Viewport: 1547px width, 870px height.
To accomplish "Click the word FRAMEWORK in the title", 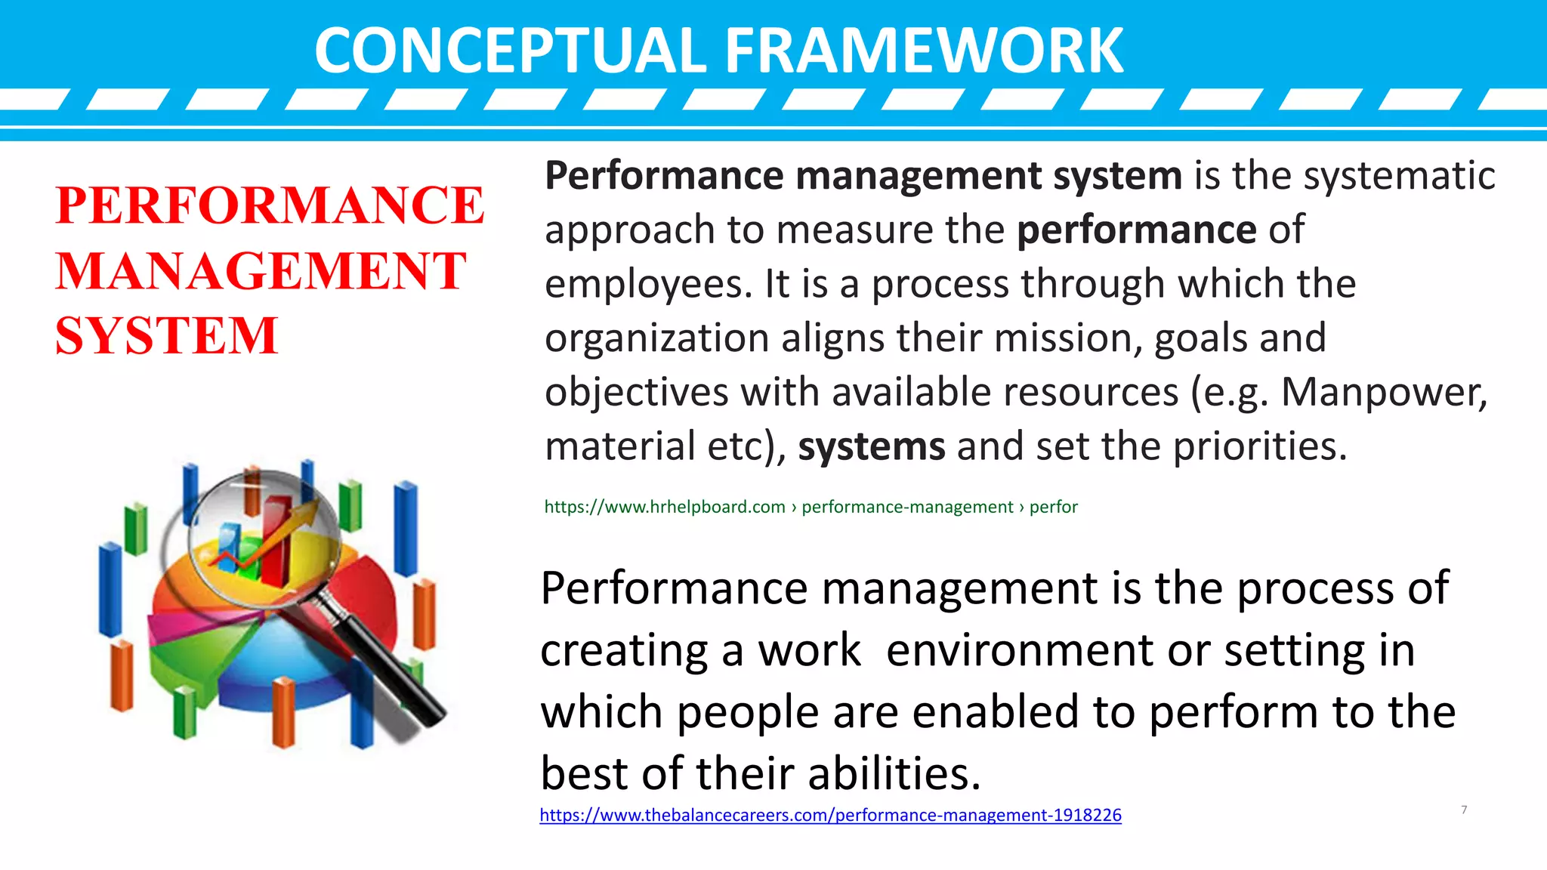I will (x=924, y=51).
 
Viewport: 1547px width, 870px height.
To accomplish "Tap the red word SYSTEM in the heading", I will (x=166, y=335).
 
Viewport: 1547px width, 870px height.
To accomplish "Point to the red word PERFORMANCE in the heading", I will (x=270, y=205).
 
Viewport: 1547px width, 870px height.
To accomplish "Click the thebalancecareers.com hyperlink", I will (x=830, y=815).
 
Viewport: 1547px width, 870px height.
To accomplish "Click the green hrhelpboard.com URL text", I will (x=665, y=507).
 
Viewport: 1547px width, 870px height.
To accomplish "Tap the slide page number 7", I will (x=1464, y=810).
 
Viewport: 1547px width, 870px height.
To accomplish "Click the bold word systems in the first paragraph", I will (x=871, y=446).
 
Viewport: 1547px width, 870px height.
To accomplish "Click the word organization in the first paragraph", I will (x=656, y=338).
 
